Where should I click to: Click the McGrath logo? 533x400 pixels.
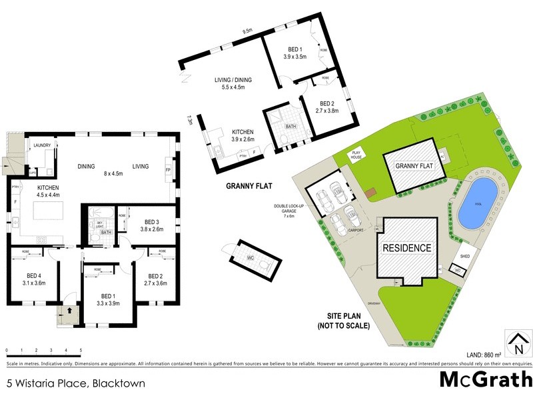click(485, 379)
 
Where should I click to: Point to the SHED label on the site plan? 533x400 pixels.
click(466, 255)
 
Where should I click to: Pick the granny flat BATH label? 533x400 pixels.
click(290, 126)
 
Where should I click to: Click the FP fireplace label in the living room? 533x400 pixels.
click(168, 170)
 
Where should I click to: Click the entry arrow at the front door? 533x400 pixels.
click(67, 311)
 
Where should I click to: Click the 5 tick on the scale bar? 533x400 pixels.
click(81, 350)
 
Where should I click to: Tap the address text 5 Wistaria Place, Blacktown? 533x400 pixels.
click(75, 383)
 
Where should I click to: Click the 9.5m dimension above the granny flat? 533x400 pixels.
click(247, 30)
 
